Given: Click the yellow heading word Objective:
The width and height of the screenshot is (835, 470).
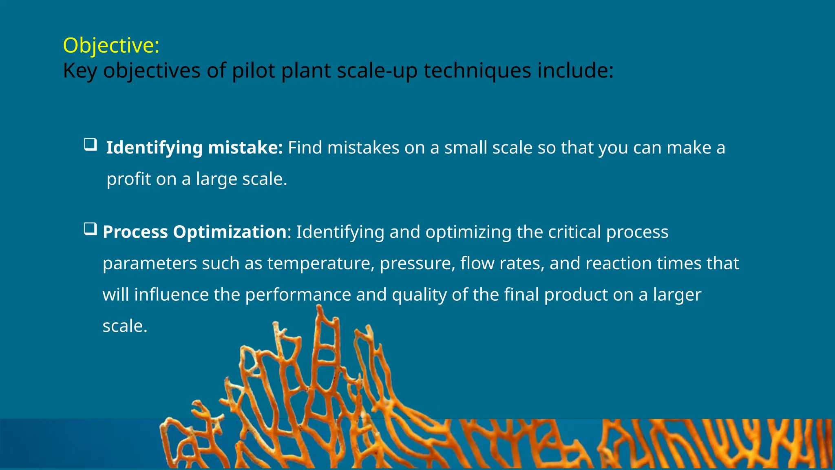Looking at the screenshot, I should click(111, 45).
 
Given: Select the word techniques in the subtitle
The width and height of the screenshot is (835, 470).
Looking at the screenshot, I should click(477, 70).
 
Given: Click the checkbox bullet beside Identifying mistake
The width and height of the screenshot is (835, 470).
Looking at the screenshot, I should click(90, 145).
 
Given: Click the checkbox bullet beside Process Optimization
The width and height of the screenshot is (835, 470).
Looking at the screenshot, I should click(90, 229).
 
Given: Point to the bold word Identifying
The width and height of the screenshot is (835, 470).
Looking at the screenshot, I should click(154, 148).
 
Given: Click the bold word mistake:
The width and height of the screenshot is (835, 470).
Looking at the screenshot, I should click(245, 148).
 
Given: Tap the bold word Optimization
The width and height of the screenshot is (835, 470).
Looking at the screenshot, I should click(230, 232).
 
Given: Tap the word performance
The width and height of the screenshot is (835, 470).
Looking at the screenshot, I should click(298, 295).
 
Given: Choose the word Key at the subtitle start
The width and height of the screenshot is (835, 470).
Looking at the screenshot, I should click(80, 70).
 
